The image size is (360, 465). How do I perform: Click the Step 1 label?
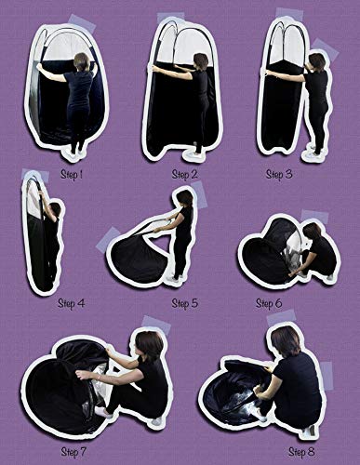tap(72, 174)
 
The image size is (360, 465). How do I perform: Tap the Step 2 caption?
tap(184, 174)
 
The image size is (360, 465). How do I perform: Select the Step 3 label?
tap(279, 174)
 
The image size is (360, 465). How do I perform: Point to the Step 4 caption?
tap(72, 303)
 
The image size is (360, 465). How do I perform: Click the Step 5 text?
tap(184, 303)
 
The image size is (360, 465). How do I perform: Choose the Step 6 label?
tap(269, 303)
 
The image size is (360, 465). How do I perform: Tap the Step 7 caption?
tap(73, 451)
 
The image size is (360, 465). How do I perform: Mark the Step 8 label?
tap(301, 451)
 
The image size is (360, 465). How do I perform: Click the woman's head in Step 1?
tap(82, 61)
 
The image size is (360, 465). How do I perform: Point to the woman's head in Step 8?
tap(286, 341)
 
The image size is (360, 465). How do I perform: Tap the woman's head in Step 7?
tap(150, 346)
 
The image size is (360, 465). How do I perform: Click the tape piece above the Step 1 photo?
tap(82, 22)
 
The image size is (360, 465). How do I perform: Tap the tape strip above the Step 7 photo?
tap(156, 325)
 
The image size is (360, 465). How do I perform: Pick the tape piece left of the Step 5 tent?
tap(108, 239)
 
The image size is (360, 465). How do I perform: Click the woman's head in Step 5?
tap(185, 197)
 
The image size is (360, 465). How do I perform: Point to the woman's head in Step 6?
tap(312, 232)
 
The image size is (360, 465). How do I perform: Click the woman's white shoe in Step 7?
tap(102, 412)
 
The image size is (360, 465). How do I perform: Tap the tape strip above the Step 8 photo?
tap(282, 317)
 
